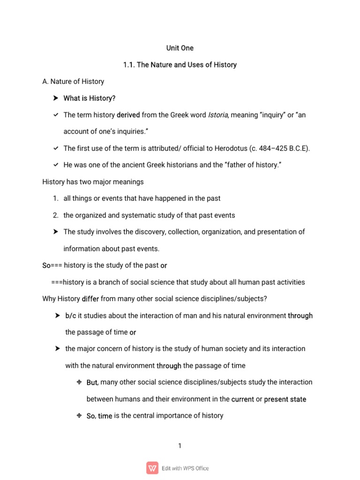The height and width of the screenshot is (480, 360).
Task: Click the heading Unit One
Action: tap(180, 48)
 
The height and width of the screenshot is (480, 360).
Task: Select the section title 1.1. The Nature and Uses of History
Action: tap(180, 65)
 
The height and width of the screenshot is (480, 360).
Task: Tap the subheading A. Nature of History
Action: tap(73, 82)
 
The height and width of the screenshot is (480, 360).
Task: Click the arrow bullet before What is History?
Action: tap(55, 98)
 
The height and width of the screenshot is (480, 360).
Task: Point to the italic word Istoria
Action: tap(217, 115)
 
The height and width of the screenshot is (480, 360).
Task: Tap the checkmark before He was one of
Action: tap(55, 165)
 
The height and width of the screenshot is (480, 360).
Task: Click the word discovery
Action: tap(141, 232)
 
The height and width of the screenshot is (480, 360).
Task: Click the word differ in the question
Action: tap(90, 299)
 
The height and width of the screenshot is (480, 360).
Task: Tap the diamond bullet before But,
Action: tap(79, 382)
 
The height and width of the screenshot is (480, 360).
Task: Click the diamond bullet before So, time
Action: tap(79, 416)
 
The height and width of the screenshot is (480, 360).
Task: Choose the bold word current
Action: tap(242, 399)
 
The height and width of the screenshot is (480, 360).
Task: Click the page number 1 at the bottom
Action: tap(180, 446)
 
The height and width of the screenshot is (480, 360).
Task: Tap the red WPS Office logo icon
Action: tap(152, 468)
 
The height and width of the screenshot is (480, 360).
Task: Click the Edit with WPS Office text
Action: tap(186, 468)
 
